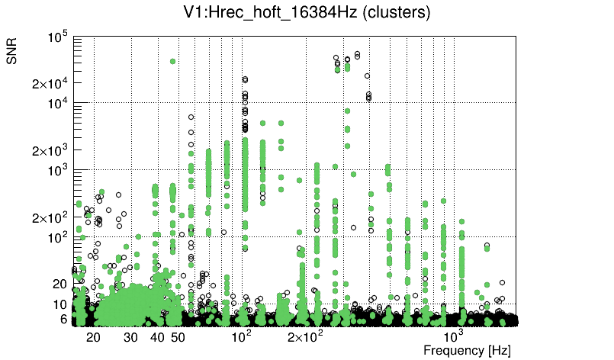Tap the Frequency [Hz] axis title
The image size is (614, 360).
tap(467, 350)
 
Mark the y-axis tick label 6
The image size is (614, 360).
tap(64, 320)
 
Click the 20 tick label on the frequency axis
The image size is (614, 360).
tap(93, 337)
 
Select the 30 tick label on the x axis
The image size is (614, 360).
tap(130, 337)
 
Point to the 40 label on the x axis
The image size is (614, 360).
tap(157, 337)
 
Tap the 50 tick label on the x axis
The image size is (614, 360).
tap(178, 337)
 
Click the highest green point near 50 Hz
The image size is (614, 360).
tap(173, 62)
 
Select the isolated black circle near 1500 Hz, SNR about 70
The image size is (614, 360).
tap(487, 246)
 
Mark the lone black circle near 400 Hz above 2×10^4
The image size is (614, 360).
tap(367, 76)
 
